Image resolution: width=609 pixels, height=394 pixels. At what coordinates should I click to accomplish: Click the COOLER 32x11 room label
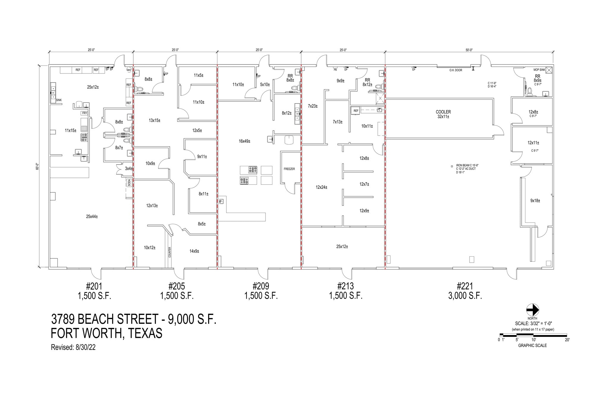tap(443, 114)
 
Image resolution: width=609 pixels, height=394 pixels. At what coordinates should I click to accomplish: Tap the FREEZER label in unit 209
tap(289, 169)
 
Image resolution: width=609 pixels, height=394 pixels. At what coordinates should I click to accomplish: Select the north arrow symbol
tap(533, 310)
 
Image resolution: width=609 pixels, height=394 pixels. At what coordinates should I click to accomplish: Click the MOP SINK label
tap(539, 70)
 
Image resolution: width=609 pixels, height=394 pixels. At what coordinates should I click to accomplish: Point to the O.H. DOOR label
tap(456, 70)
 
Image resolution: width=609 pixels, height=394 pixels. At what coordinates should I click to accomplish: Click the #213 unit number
tap(346, 286)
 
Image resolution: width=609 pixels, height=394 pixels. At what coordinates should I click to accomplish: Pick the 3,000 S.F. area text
tap(465, 296)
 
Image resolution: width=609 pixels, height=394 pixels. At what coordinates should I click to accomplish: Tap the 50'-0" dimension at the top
tap(469, 50)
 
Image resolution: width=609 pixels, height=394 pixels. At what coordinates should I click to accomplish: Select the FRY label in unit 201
tap(85, 113)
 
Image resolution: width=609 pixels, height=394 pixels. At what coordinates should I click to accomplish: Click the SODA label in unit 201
tap(129, 182)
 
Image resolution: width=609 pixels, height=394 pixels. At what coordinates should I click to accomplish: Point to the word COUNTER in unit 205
tap(170, 252)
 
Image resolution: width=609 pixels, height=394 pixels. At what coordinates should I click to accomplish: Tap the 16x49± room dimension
tap(244, 141)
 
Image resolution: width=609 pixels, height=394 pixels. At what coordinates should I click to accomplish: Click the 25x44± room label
tap(92, 216)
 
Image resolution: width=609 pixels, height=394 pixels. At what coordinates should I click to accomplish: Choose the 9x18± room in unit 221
tap(535, 201)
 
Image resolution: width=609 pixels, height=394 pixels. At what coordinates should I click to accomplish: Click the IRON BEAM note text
tap(467, 165)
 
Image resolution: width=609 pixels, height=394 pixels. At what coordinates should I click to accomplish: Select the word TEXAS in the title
tap(145, 333)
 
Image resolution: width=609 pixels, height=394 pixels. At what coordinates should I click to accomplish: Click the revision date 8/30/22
tap(84, 347)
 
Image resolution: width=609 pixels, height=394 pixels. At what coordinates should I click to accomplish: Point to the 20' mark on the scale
tap(567, 340)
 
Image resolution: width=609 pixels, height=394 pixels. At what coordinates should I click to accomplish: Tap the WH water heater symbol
tap(129, 70)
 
